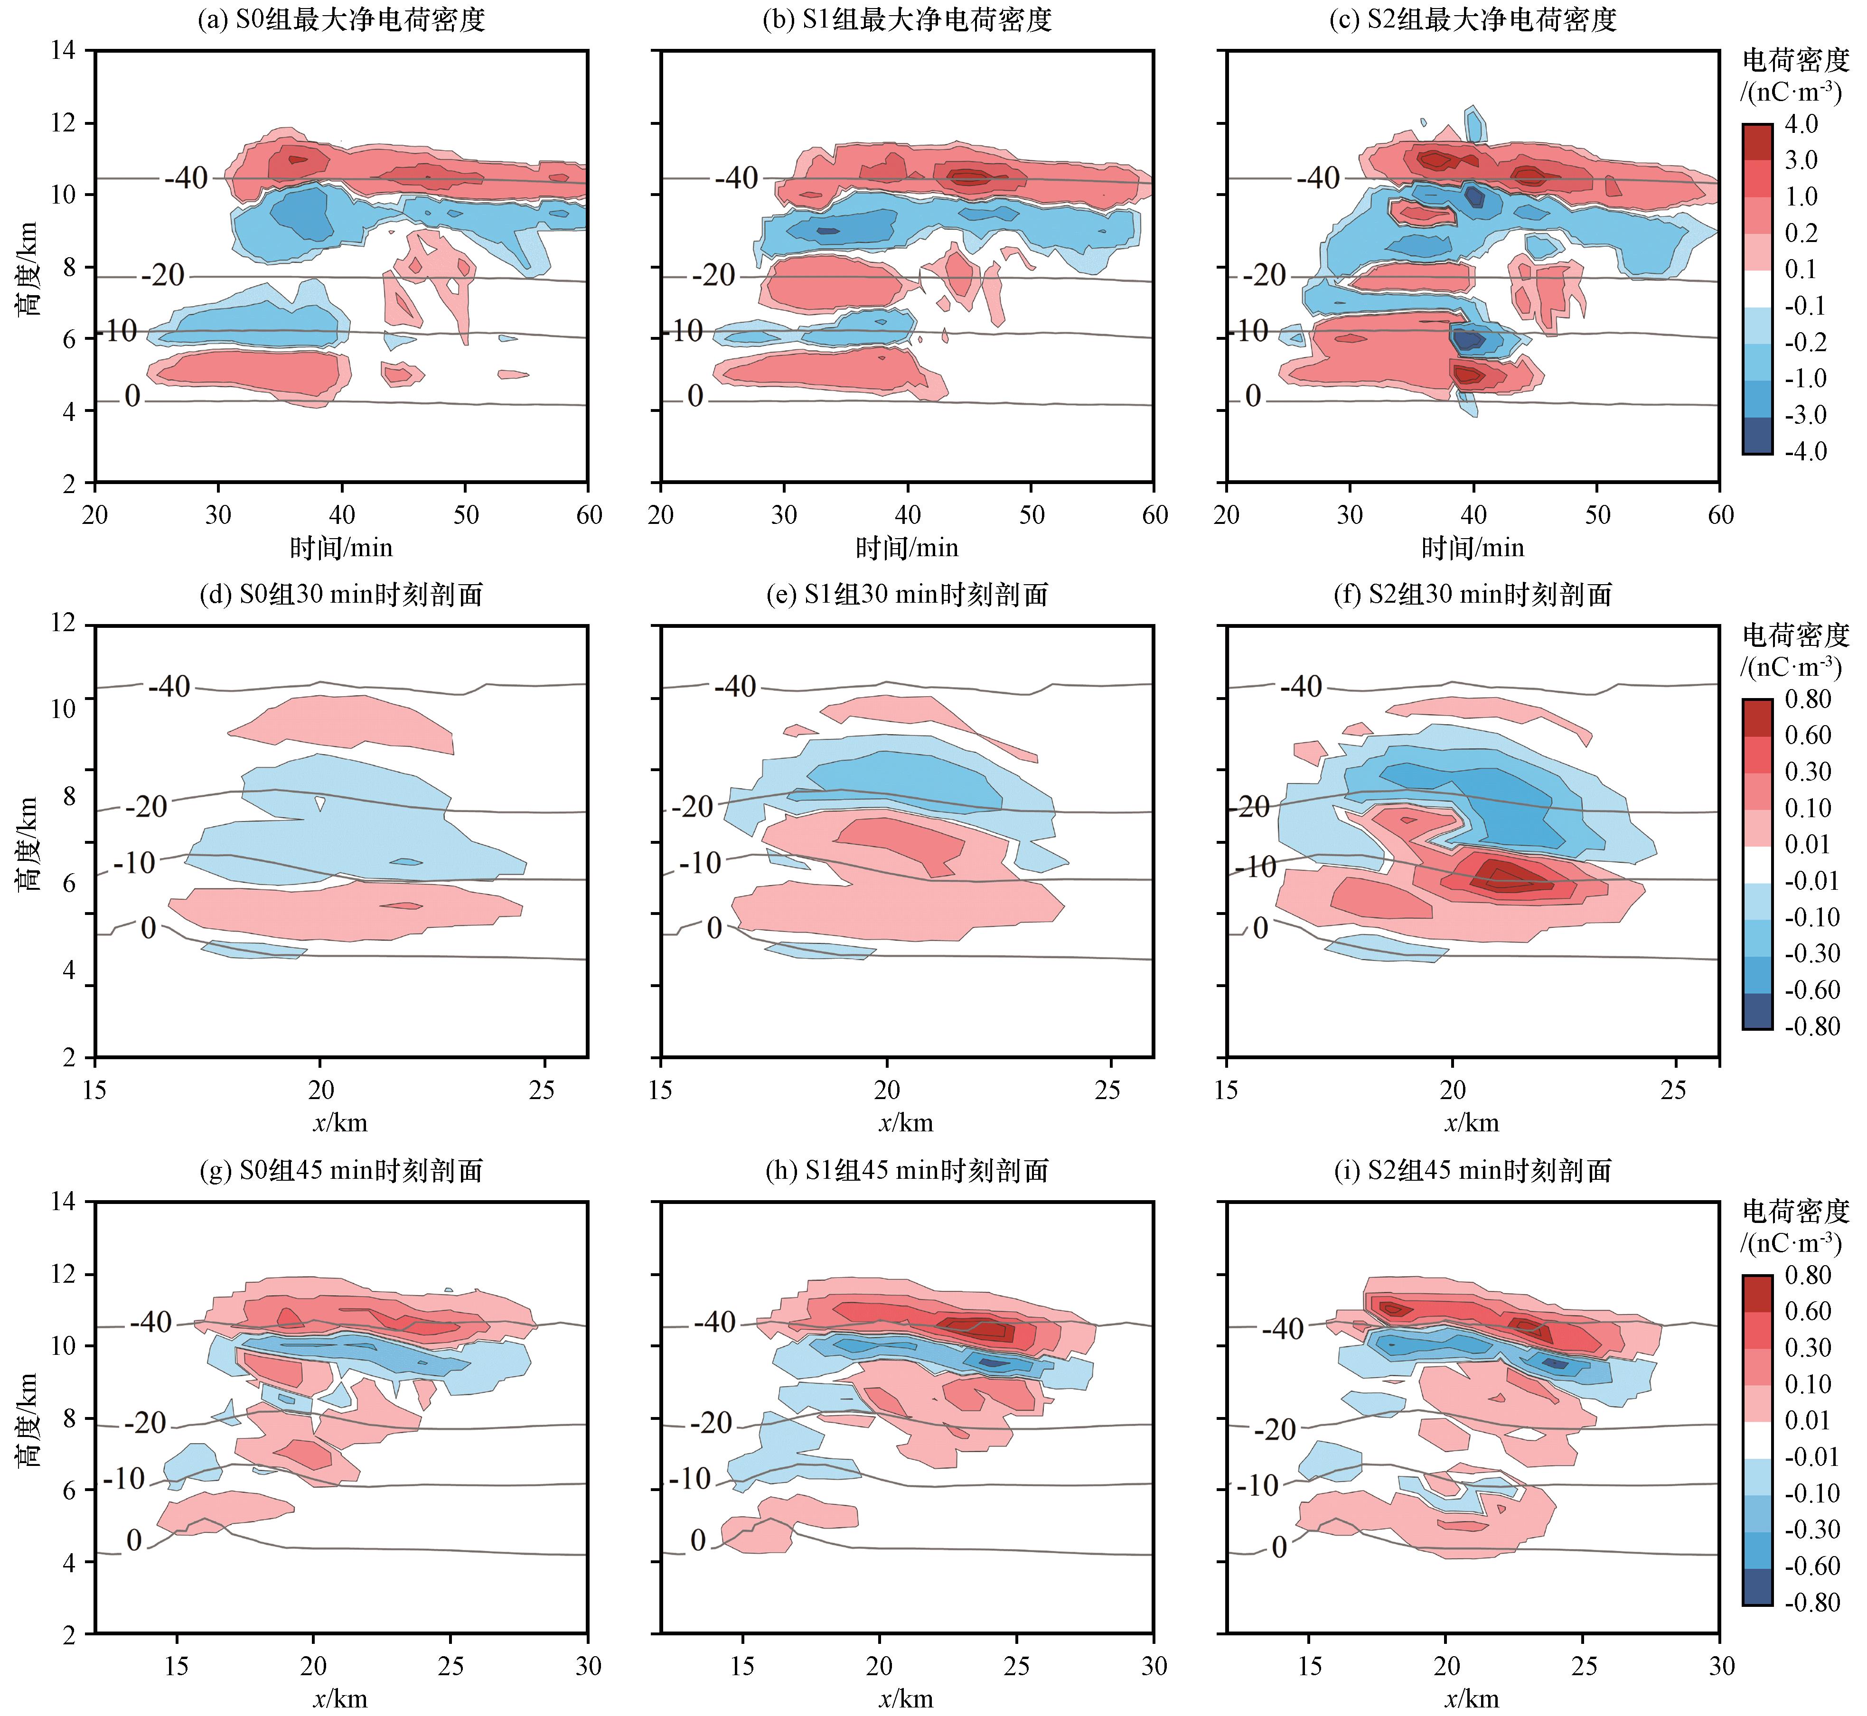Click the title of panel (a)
point(341,19)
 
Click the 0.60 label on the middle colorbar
point(1808,736)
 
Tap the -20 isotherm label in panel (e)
point(692,807)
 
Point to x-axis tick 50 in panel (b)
point(1031,515)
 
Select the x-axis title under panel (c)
point(1473,548)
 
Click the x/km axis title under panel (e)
point(907,1124)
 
